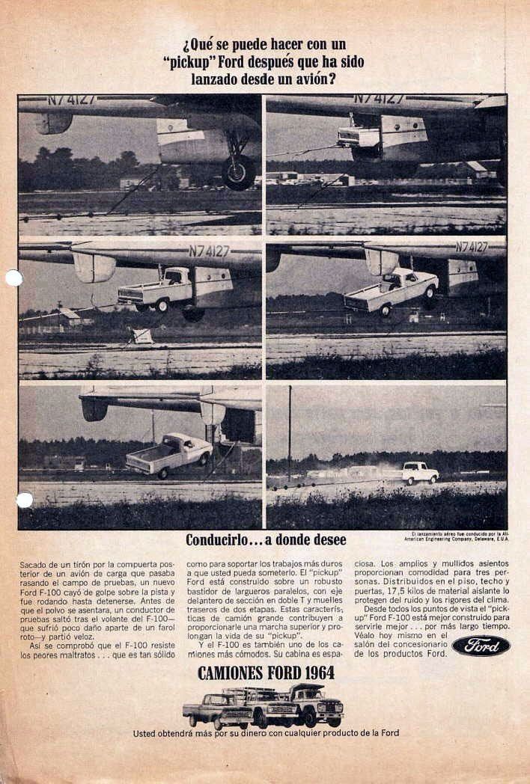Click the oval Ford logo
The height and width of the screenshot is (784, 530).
(x=481, y=646)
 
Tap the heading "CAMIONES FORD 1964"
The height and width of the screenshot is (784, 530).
(x=265, y=673)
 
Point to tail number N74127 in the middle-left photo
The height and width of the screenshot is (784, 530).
(x=209, y=251)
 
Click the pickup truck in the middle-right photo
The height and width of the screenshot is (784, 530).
(x=392, y=291)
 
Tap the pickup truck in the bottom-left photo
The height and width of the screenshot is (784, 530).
(x=169, y=454)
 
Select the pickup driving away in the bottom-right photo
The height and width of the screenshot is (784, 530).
(x=420, y=472)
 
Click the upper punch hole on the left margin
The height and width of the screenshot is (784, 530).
(x=13, y=278)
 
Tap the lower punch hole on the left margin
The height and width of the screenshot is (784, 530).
(x=24, y=500)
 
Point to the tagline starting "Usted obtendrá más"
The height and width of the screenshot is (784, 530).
(x=266, y=733)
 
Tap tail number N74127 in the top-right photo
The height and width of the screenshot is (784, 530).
(x=378, y=99)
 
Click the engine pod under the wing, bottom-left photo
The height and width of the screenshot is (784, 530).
(x=94, y=408)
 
